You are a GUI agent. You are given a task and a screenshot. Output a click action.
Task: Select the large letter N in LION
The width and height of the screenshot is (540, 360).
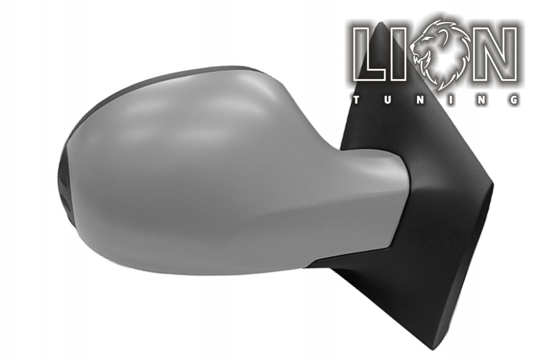[495, 54]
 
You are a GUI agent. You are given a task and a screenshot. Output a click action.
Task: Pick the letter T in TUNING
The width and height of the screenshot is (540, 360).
[356, 100]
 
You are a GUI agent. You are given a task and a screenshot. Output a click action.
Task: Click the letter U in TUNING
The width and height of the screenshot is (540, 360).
[388, 100]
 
